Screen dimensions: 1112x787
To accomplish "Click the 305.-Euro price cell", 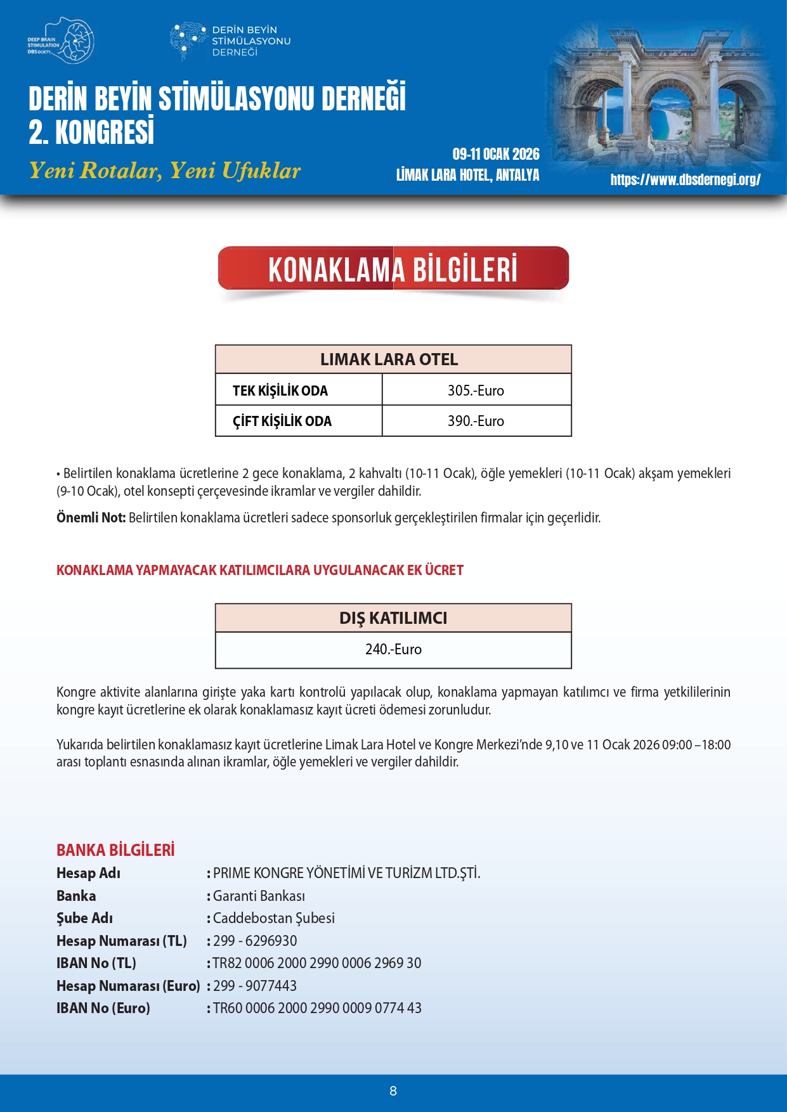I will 476,391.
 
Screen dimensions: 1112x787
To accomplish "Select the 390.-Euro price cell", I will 476,421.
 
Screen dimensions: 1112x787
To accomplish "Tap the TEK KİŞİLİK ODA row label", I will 280,391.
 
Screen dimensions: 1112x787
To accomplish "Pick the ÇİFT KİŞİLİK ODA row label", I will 282,421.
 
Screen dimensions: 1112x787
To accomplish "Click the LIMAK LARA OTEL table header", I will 389,359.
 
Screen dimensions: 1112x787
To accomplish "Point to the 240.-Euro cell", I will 393,649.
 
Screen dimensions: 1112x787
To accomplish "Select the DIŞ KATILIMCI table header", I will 393,618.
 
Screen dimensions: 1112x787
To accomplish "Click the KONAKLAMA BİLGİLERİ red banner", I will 393,269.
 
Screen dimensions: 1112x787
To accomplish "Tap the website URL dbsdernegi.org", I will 686,179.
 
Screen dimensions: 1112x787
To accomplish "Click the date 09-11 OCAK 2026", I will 496,154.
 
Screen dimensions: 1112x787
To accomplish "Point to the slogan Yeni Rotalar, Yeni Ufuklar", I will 165,171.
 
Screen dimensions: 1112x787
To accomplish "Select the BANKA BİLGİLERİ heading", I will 115,850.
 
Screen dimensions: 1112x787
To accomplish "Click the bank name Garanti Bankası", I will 259,896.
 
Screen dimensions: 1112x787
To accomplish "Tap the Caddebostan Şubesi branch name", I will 274,918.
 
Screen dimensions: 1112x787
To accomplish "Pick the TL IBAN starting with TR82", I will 317,963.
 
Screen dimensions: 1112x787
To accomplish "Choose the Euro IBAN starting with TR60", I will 317,1008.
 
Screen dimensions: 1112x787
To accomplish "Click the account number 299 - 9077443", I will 255,986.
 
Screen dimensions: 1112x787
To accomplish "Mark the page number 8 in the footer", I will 393,1091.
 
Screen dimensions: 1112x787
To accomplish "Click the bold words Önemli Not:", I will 91,518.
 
